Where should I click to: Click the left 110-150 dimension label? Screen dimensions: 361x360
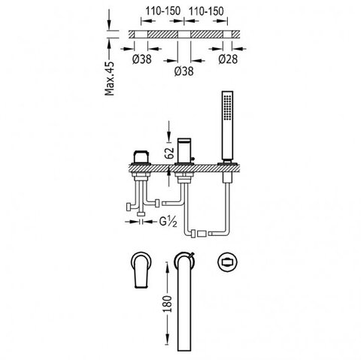pos(163,11)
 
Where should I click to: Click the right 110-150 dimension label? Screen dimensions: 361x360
pos(206,11)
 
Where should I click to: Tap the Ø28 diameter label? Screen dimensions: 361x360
pos(228,59)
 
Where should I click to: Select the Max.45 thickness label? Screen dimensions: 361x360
pos(110,78)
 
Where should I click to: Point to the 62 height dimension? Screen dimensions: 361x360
pos(170,153)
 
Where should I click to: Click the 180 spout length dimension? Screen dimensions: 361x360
pos(168,304)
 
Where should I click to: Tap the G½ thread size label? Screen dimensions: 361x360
pos(168,222)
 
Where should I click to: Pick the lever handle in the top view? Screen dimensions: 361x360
pos(141,270)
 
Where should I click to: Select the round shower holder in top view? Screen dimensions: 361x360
pos(227,262)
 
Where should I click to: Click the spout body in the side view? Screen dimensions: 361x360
pos(184,150)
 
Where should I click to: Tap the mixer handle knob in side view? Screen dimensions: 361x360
pos(141,156)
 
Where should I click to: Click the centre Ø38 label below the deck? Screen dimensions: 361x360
pos(184,71)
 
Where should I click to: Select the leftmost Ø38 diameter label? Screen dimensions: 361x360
pos(142,59)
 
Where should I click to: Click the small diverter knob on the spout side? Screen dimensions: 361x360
pos(193,159)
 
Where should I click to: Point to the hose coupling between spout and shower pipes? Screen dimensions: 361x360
pos(202,234)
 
